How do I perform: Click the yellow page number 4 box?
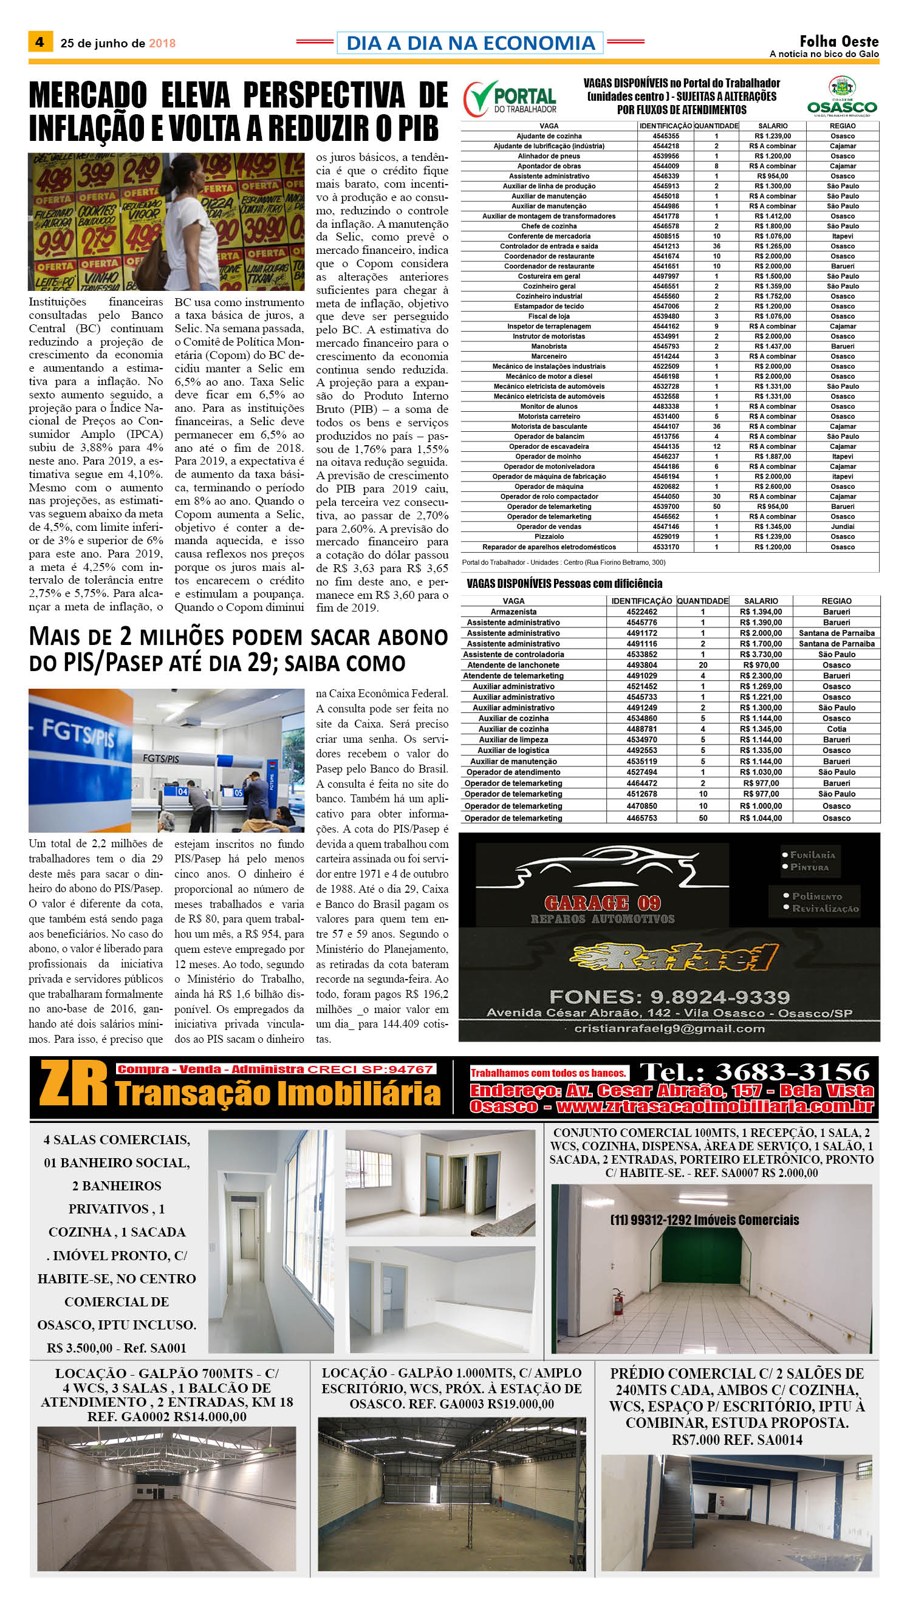point(40,42)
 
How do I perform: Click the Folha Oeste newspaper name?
point(839,41)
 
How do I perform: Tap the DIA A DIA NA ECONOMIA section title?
point(470,43)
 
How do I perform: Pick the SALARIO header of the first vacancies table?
point(773,126)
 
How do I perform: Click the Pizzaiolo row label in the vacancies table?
point(549,537)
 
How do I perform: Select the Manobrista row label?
point(549,346)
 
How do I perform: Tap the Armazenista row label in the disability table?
point(513,612)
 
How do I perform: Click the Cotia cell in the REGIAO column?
point(836,729)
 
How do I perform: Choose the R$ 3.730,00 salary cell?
point(761,654)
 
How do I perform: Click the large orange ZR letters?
point(73,1085)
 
